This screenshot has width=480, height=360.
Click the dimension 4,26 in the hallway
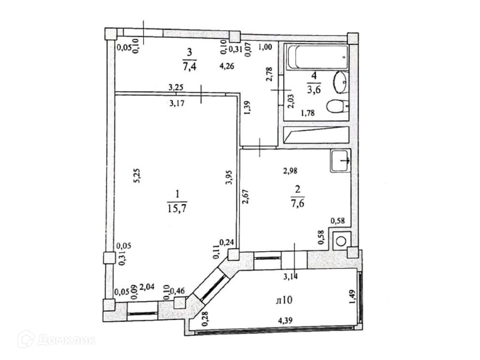pos(227,66)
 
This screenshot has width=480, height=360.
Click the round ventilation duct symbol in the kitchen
pos(341,241)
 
